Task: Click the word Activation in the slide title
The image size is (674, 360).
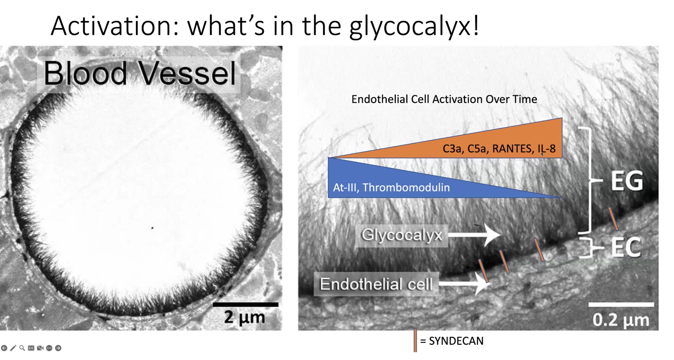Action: tap(115, 26)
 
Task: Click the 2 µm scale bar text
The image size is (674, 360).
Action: tap(245, 317)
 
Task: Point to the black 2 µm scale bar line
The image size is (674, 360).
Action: tap(246, 305)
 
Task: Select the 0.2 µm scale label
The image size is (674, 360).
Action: tap(621, 320)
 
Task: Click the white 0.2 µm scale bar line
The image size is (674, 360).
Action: tap(621, 305)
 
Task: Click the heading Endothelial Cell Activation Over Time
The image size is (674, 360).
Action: tap(444, 99)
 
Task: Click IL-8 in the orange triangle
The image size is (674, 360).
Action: tap(547, 149)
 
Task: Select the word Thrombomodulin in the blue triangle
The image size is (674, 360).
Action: tap(406, 187)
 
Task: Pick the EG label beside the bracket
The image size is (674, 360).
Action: tap(627, 181)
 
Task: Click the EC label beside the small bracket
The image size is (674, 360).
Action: tap(626, 247)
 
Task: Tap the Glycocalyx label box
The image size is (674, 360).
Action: tap(402, 235)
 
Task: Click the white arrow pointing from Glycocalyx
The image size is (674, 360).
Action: tap(474, 235)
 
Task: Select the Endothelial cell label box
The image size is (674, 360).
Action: tap(376, 284)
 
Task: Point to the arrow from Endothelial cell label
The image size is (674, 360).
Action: tap(464, 283)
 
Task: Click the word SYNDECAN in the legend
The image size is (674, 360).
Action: tap(456, 341)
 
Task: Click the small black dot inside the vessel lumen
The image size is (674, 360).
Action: tap(152, 228)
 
